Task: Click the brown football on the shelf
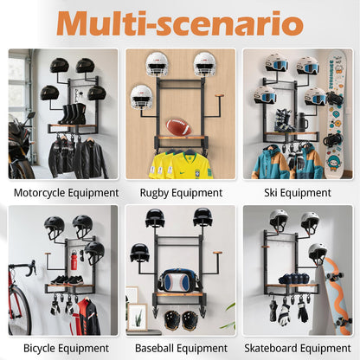[x=179, y=127]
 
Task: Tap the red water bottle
[x=74, y=260]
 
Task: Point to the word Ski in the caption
[x=271, y=193]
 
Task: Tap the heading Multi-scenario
[x=180, y=23]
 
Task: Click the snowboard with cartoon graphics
[x=336, y=115]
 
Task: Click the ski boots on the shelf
[x=283, y=120]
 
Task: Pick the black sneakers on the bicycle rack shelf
[x=67, y=280]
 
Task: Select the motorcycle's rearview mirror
[x=29, y=117]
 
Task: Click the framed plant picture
[x=138, y=317]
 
